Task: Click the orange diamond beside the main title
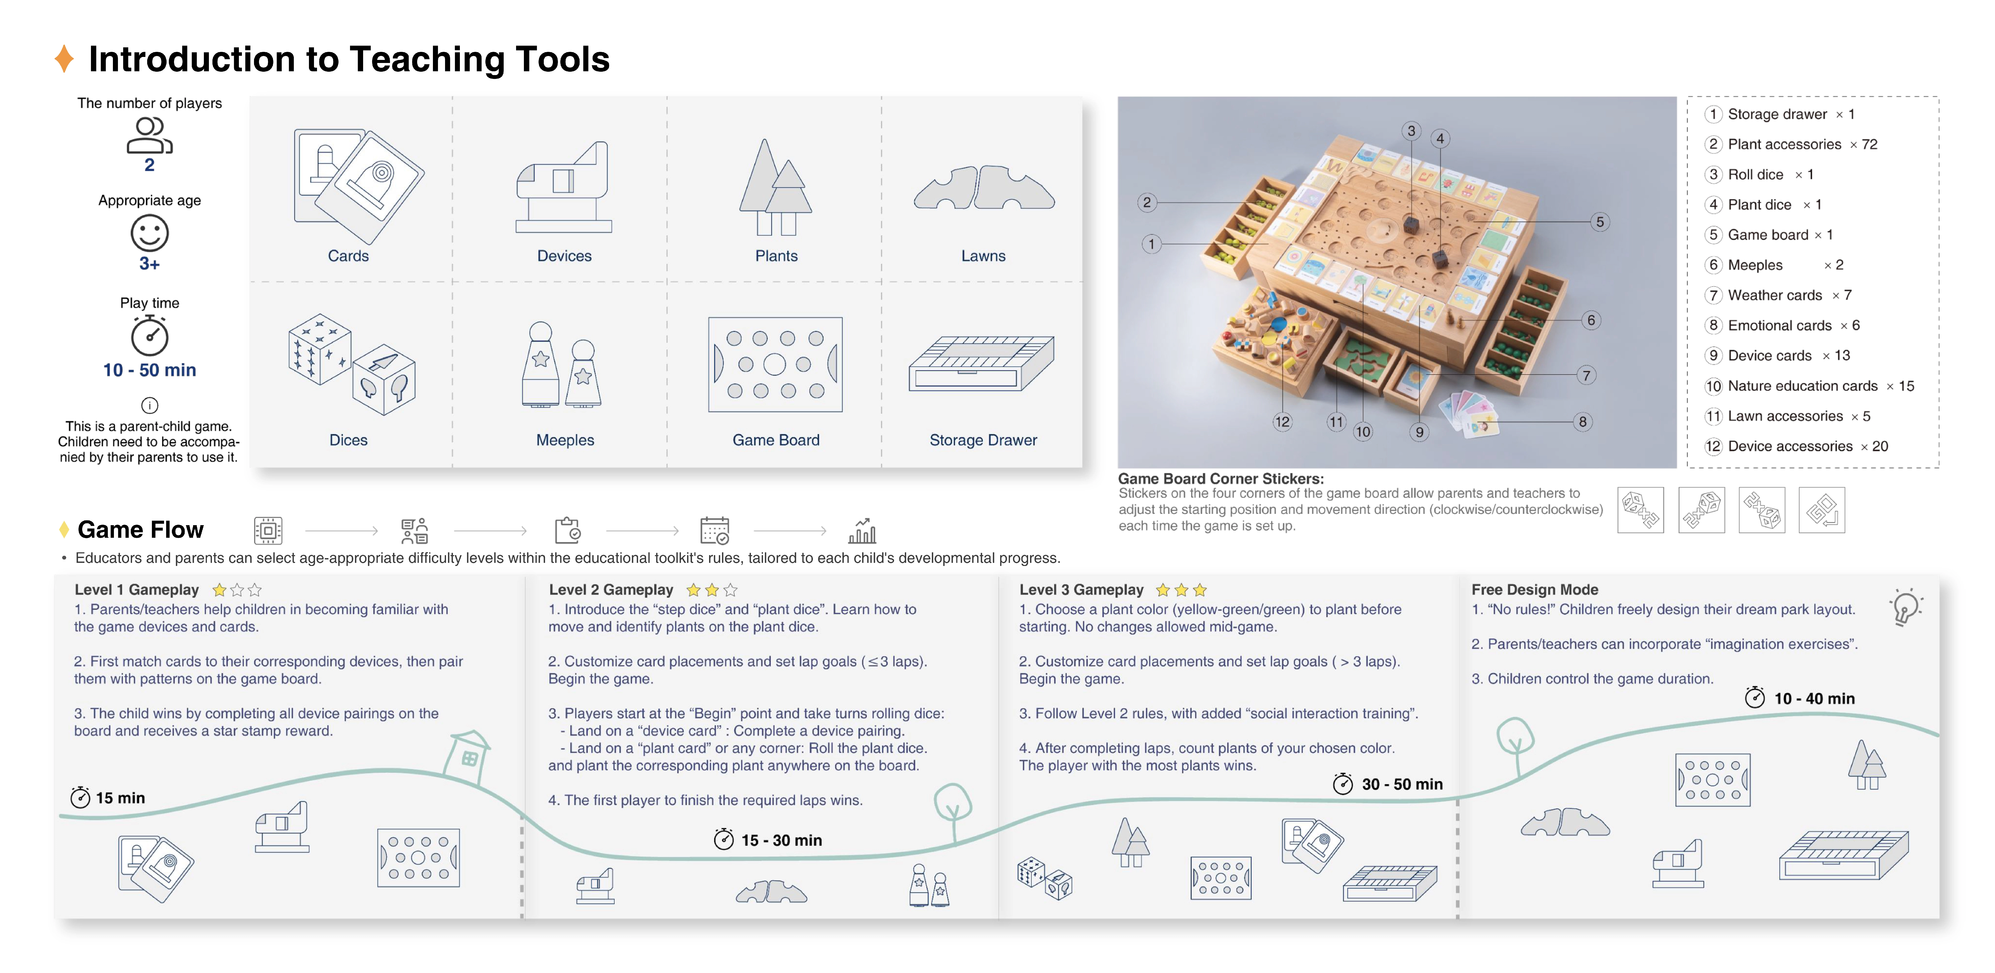(64, 59)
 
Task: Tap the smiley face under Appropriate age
(149, 233)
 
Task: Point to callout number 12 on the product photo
(1283, 422)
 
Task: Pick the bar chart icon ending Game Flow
(862, 531)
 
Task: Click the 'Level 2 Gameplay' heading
(611, 590)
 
